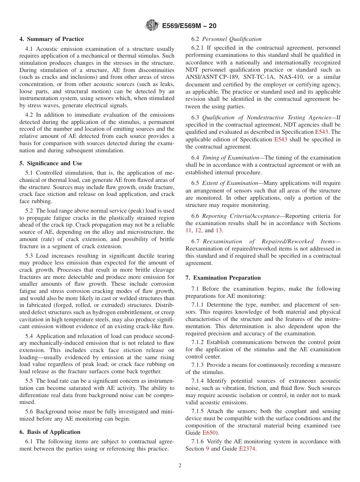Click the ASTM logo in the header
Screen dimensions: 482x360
coord(152,26)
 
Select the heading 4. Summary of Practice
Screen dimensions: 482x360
coord(52,39)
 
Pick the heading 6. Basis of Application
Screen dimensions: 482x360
coord(50,432)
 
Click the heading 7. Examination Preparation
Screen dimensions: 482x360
coord(223,278)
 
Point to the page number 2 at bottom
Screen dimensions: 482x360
coord(180,466)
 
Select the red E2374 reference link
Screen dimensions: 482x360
coord(247,449)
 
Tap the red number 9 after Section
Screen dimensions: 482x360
coord(207,449)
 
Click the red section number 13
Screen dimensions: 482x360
coord(219,230)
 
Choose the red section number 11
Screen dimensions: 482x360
coord(188,230)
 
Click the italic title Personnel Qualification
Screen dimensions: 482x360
coord(232,39)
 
